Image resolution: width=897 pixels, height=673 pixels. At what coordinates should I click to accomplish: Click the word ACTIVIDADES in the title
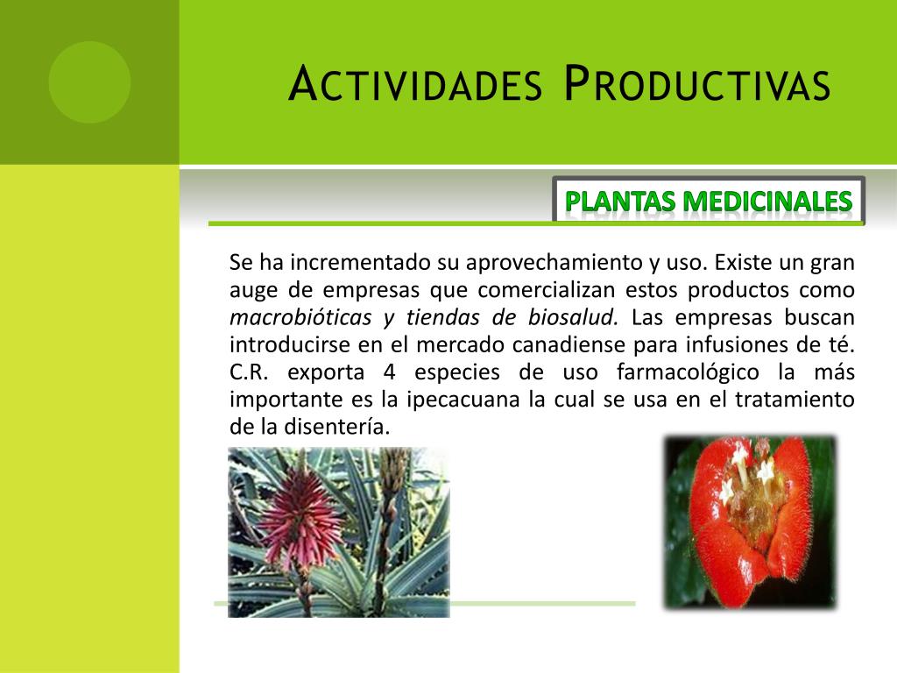(x=415, y=83)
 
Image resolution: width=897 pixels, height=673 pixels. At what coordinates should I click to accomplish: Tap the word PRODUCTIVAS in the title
(x=696, y=83)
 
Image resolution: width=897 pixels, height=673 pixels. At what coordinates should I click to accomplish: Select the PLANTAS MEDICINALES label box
(x=708, y=200)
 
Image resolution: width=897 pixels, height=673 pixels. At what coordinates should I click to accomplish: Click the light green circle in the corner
(x=89, y=81)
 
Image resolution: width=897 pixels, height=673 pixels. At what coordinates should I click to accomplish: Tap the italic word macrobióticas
(x=300, y=316)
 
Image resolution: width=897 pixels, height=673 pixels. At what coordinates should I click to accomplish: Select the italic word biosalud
(x=573, y=316)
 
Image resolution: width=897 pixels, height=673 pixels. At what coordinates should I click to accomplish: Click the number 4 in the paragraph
(x=389, y=372)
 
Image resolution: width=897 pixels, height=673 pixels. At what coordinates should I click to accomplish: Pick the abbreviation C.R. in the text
(x=249, y=372)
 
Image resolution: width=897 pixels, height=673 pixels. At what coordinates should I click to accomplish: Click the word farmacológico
(x=688, y=372)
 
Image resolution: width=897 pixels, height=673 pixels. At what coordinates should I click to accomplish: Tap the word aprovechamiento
(x=554, y=262)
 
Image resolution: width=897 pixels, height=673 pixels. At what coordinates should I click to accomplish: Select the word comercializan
(x=546, y=289)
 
